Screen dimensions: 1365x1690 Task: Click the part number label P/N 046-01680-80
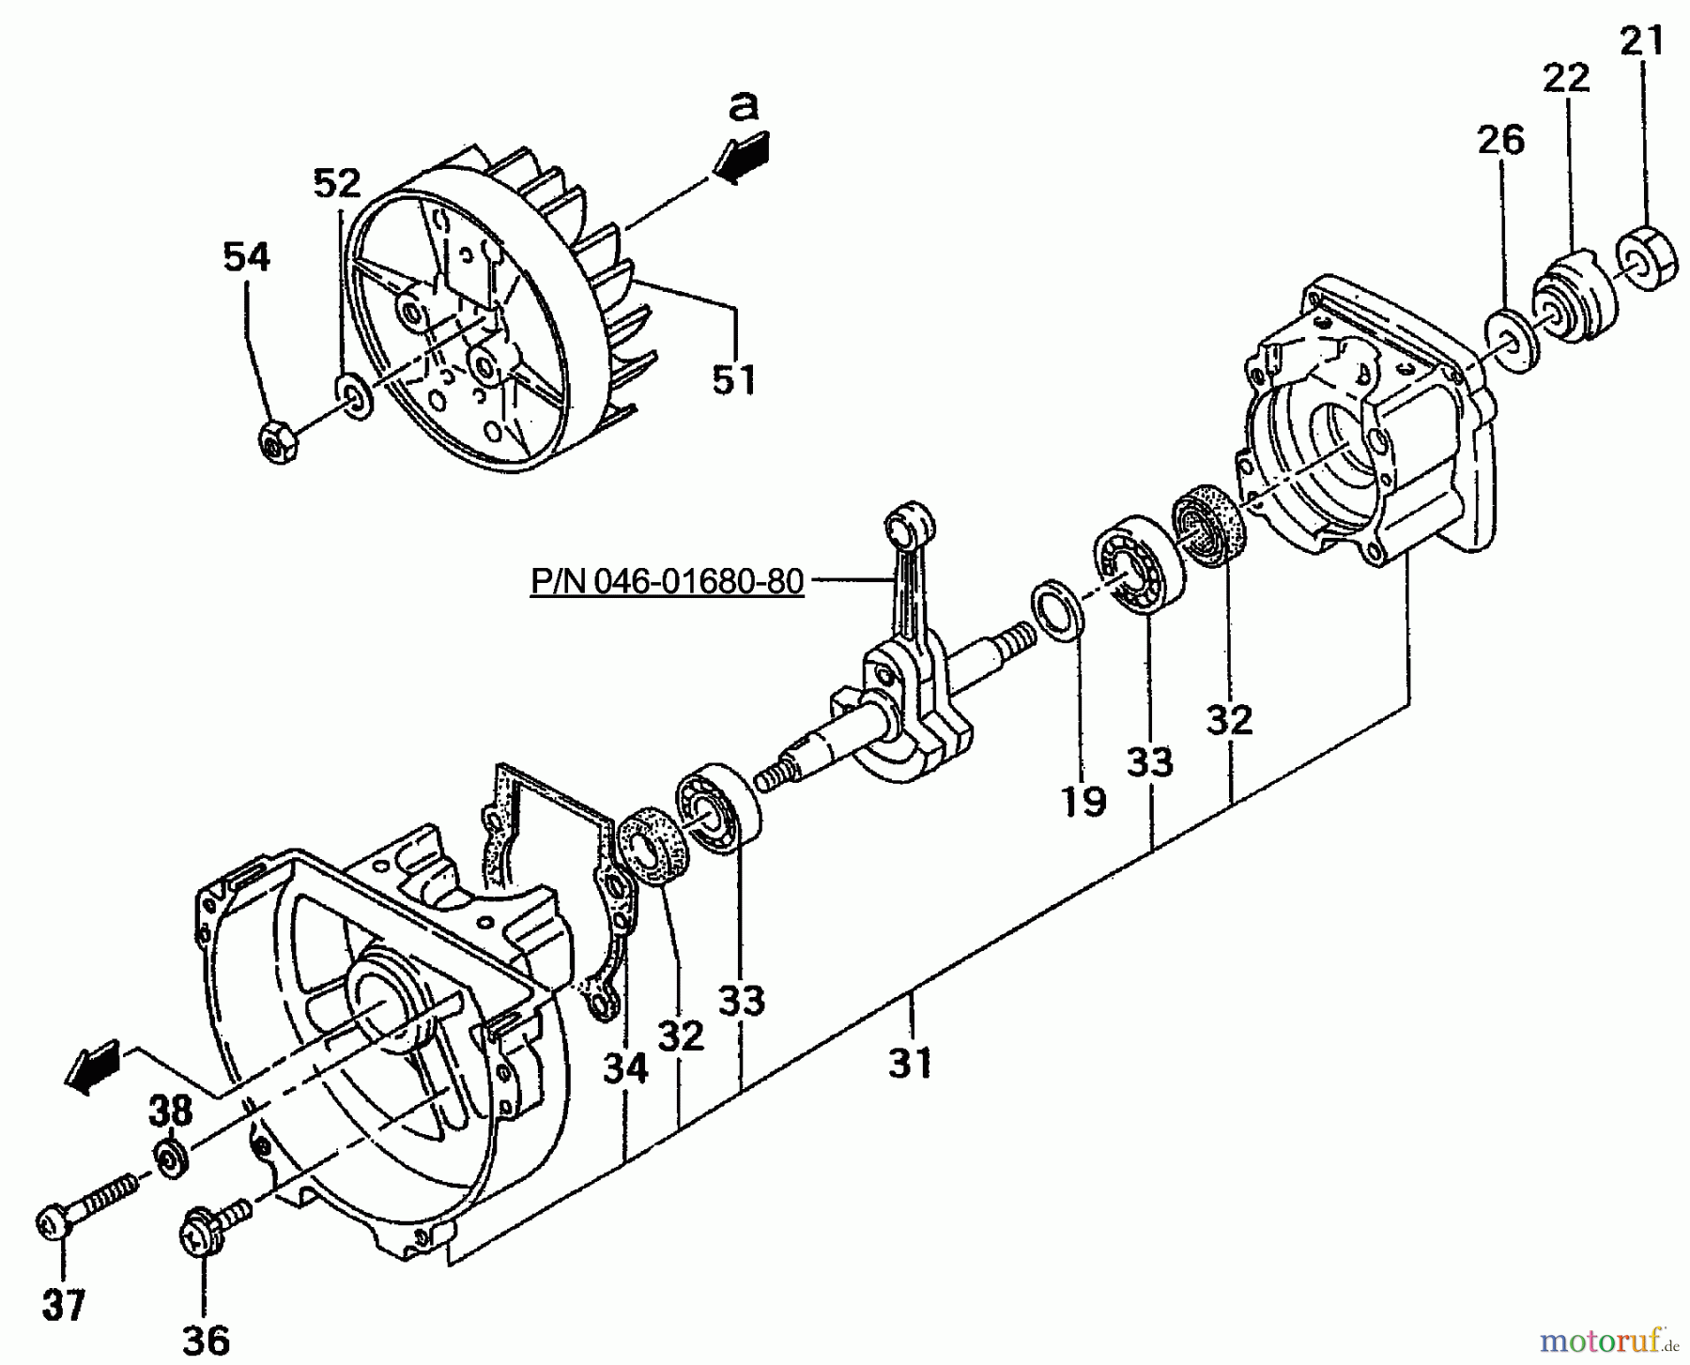pos(667,583)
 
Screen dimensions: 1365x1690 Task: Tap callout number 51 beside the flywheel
pos(734,381)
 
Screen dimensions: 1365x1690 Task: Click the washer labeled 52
pos(354,398)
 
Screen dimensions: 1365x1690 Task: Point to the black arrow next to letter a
pos(741,156)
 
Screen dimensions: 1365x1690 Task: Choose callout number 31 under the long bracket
pos(911,1065)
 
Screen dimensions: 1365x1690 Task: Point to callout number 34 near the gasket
pos(625,1068)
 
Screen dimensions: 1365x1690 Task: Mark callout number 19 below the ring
pos(1084,803)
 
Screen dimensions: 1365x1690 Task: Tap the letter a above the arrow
pos(744,105)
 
